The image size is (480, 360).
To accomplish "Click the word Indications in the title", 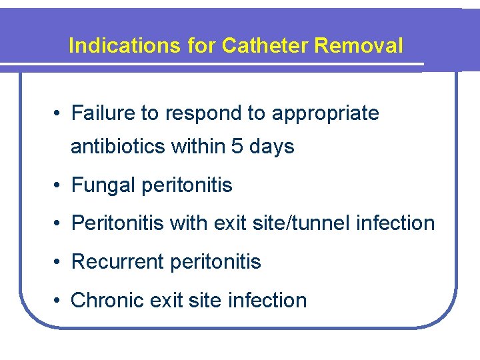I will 123,46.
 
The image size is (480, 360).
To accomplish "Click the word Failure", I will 103,113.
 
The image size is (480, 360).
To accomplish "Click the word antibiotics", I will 119,146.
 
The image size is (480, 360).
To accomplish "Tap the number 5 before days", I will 237,146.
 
